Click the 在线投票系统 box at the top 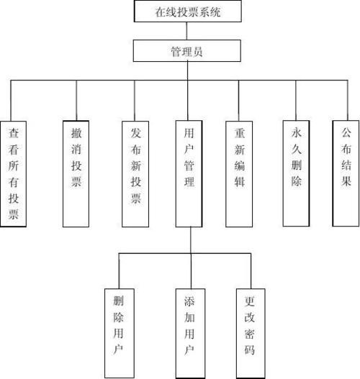[186, 12]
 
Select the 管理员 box [186, 51]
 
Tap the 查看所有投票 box [14, 173]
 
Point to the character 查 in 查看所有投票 [14, 133]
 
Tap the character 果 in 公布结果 [345, 182]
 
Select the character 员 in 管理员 [204, 51]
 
